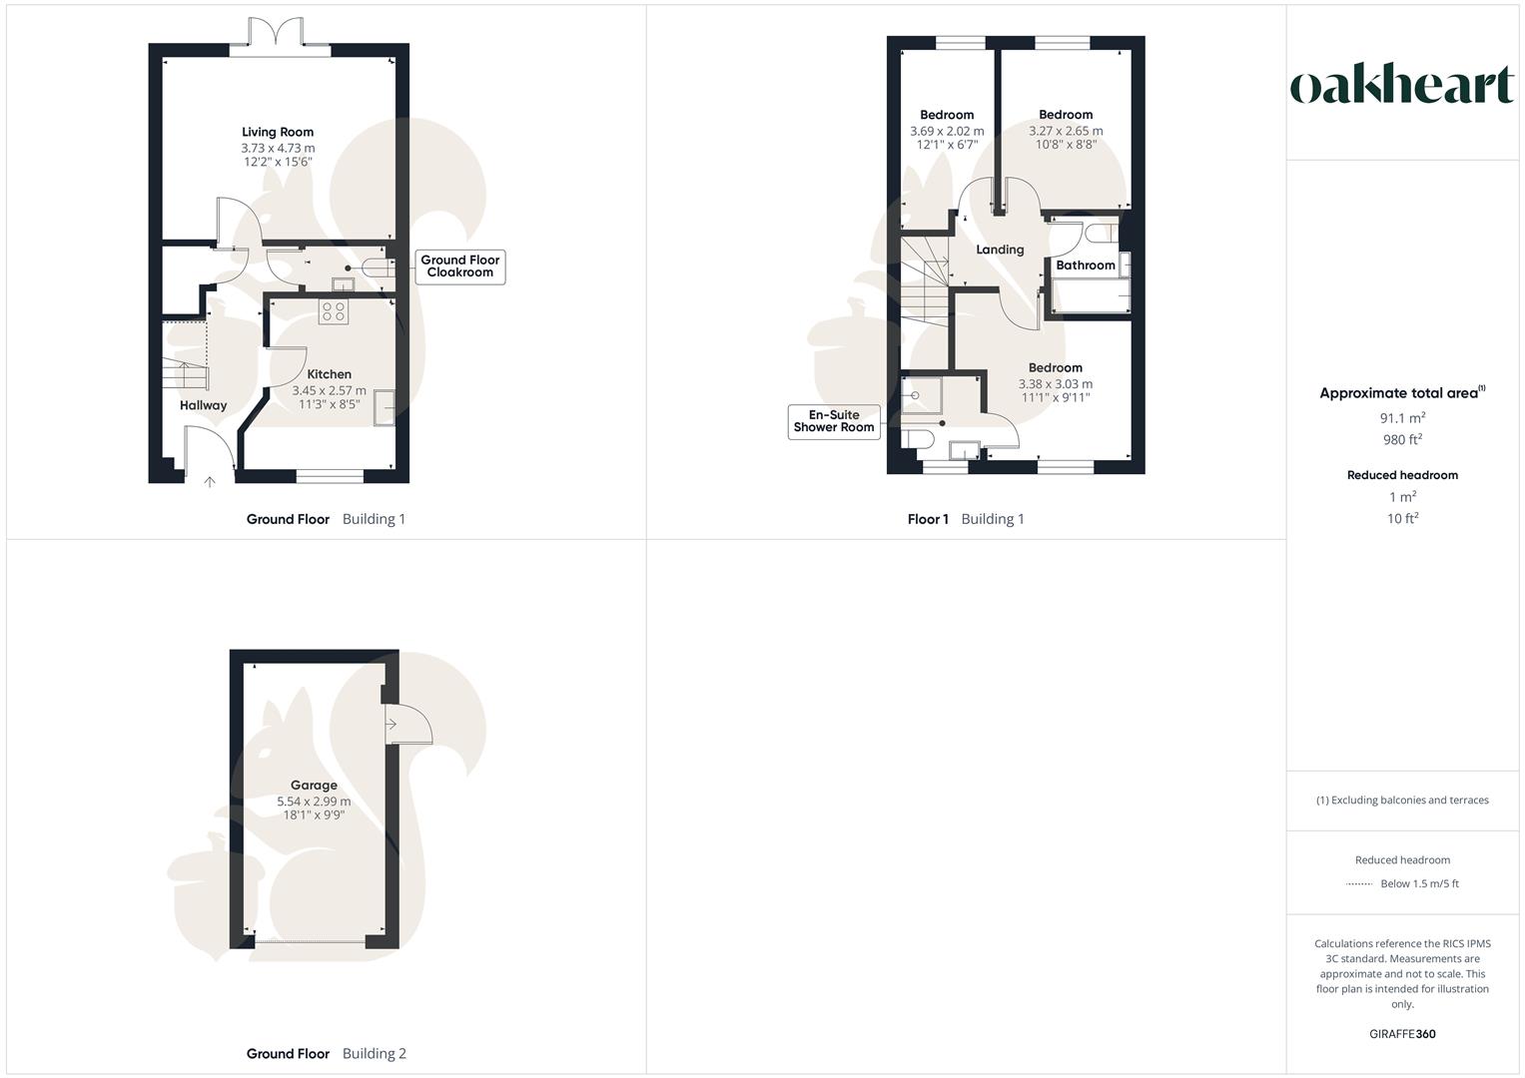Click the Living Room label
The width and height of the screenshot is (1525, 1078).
pos(278,132)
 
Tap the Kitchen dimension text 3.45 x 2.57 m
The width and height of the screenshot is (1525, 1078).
pos(329,390)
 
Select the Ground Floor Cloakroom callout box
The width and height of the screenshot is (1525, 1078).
pos(460,267)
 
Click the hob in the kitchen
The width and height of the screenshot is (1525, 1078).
pos(334,311)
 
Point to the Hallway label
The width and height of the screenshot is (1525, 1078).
pos(203,405)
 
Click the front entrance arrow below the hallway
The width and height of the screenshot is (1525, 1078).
pos(210,483)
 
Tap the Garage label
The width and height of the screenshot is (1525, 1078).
pos(314,786)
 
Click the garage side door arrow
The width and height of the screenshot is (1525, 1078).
pos(392,724)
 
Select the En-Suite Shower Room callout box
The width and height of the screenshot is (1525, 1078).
pos(834,421)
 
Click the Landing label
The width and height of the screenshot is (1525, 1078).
pos(1000,250)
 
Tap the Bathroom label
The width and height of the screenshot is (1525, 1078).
pos(1085,266)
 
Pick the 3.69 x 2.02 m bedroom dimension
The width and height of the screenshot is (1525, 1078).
pos(947,131)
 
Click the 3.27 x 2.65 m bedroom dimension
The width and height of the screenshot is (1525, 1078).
pos(1066,131)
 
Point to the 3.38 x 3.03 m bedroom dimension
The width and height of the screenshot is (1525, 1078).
pos(1055,383)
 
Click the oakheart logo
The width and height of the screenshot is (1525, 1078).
pos(1402,85)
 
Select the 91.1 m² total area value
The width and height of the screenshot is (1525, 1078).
pos(1402,418)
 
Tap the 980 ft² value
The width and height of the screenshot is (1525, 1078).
pos(1402,440)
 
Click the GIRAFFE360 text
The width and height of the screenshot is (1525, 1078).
pos(1402,1034)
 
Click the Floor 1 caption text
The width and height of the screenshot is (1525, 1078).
pos(928,519)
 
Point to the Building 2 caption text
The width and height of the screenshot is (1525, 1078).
pos(375,1054)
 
